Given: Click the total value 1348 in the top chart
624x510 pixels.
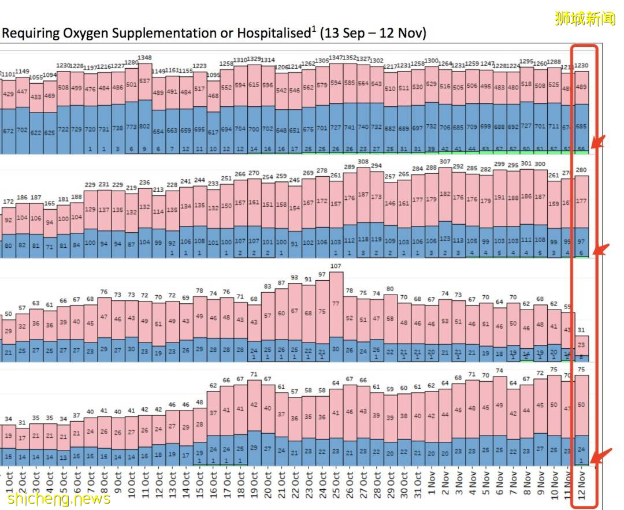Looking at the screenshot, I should [x=144, y=58].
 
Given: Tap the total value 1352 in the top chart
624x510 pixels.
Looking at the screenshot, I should [x=349, y=58].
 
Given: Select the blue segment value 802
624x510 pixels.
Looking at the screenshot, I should [x=144, y=125].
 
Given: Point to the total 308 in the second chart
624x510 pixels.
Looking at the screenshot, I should [x=363, y=162].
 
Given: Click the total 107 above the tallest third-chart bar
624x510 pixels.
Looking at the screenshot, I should [x=336, y=266].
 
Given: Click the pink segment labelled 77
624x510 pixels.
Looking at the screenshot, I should [x=336, y=303].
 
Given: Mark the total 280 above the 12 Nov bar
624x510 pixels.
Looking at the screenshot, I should [x=581, y=170].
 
